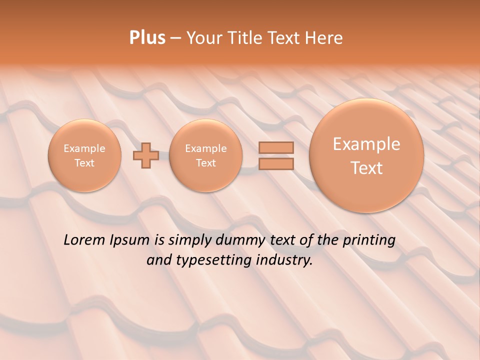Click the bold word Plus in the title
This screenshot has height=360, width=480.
(147, 38)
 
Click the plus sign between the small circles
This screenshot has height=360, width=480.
(145, 155)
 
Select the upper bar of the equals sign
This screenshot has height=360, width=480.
(276, 147)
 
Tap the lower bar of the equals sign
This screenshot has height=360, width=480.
(276, 163)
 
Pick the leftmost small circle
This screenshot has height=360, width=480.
(84, 155)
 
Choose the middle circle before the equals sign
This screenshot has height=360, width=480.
(206, 155)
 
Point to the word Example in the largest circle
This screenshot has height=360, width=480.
(366, 144)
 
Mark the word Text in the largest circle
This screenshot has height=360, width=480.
(366, 168)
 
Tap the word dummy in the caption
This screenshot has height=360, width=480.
(241, 240)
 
